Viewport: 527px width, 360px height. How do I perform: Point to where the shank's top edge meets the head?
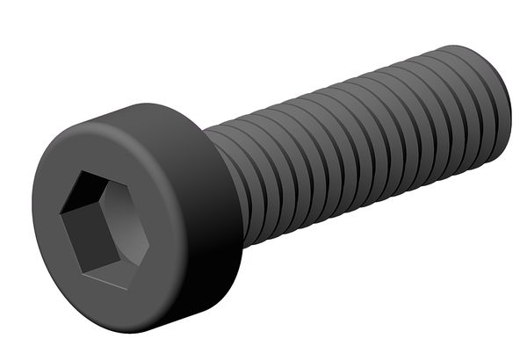[x=205, y=132]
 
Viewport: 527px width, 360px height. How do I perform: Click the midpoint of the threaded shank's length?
[x=360, y=140]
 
